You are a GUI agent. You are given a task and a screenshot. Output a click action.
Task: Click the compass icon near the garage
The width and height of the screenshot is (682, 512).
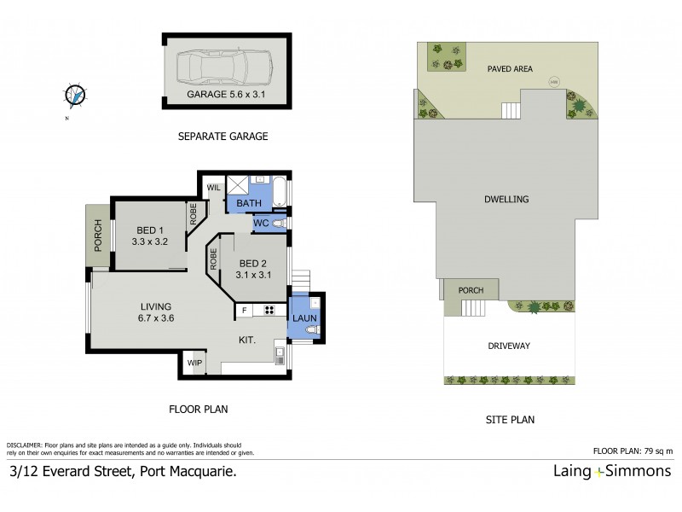click(x=76, y=96)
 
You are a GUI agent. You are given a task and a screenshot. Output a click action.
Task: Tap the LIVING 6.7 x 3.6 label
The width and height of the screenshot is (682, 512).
click(x=157, y=312)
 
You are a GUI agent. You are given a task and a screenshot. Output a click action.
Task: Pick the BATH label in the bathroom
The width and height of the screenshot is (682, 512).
click(x=248, y=204)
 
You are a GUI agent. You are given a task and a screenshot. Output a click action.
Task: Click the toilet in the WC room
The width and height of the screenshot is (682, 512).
click(x=283, y=224)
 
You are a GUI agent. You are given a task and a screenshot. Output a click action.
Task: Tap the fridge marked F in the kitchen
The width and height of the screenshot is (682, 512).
click(x=245, y=310)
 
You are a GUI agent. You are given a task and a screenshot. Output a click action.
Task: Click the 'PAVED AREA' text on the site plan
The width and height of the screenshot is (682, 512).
click(x=510, y=70)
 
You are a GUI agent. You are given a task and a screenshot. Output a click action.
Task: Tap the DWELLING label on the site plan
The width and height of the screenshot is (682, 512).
click(x=507, y=199)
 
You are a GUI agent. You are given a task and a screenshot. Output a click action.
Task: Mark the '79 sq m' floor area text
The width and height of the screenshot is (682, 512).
click(x=658, y=450)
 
